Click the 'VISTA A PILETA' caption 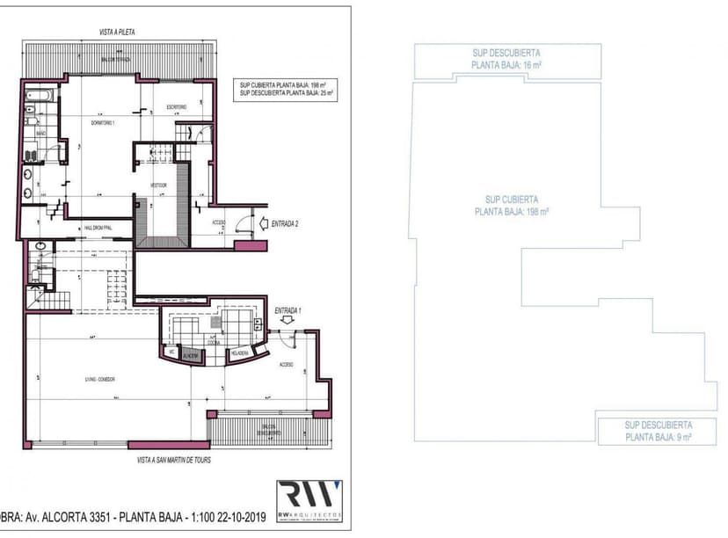(x=117, y=32)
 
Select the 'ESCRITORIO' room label (x=176, y=107)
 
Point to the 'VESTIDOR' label (x=159, y=185)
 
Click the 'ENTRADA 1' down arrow (x=287, y=322)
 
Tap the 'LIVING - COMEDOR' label (x=101, y=379)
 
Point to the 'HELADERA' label (x=239, y=353)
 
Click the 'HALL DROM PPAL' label (x=103, y=227)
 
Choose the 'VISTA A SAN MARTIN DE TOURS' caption (x=173, y=460)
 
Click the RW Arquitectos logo (x=309, y=499)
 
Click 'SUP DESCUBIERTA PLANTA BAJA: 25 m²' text (x=286, y=92)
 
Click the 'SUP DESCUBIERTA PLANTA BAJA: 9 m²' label (x=659, y=430)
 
